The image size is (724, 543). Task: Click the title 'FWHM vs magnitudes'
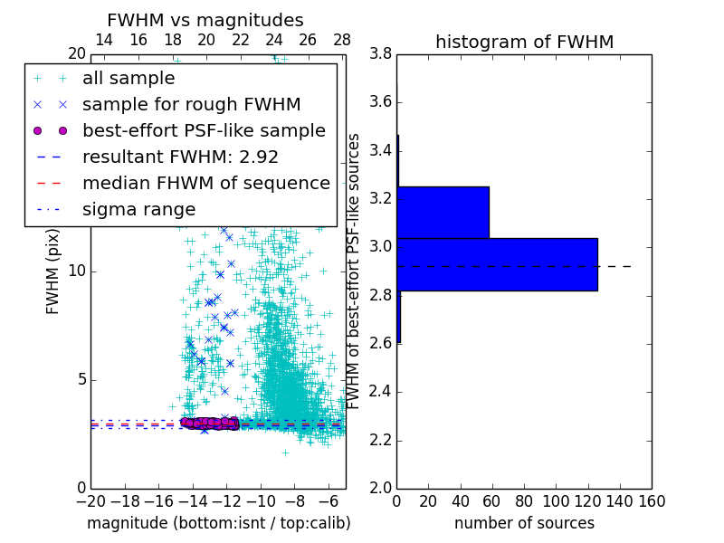tap(205, 21)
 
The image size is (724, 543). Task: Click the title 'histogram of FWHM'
tap(524, 42)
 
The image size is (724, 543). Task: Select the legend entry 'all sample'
tap(129, 79)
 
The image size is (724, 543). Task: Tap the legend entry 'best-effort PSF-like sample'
tap(204, 130)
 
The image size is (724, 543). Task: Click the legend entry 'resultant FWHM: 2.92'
tap(180, 157)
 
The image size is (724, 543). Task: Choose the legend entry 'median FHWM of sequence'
tap(205, 183)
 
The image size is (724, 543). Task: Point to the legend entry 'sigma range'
tap(138, 209)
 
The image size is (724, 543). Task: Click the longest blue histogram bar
tap(497, 264)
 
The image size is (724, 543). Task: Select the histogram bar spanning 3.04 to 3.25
tap(443, 212)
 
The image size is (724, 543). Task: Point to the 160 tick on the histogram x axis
tap(651, 500)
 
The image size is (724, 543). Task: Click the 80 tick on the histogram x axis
tap(524, 500)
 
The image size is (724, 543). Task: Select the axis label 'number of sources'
tap(524, 523)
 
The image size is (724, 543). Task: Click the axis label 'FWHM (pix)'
tap(53, 271)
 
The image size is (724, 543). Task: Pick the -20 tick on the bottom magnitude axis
tap(90, 500)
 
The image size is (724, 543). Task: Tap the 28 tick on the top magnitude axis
tap(342, 40)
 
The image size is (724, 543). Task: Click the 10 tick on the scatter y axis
tap(78, 271)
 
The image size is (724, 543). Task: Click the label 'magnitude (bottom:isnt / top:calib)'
tap(218, 523)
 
